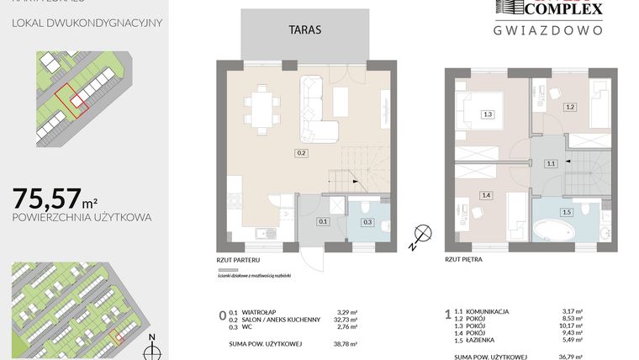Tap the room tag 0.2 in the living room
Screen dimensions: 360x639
(301, 153)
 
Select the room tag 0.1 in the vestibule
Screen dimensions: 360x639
(323, 222)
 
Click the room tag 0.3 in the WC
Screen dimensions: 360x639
(367, 222)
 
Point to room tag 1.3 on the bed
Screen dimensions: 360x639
(488, 114)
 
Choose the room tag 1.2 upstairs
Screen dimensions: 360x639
(569, 107)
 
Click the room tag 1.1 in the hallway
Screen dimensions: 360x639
(551, 164)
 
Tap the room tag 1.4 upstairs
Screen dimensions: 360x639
(486, 195)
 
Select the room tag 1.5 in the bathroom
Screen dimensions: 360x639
(567, 212)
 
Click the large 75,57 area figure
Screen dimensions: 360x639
(47, 199)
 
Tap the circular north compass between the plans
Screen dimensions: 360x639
(423, 233)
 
